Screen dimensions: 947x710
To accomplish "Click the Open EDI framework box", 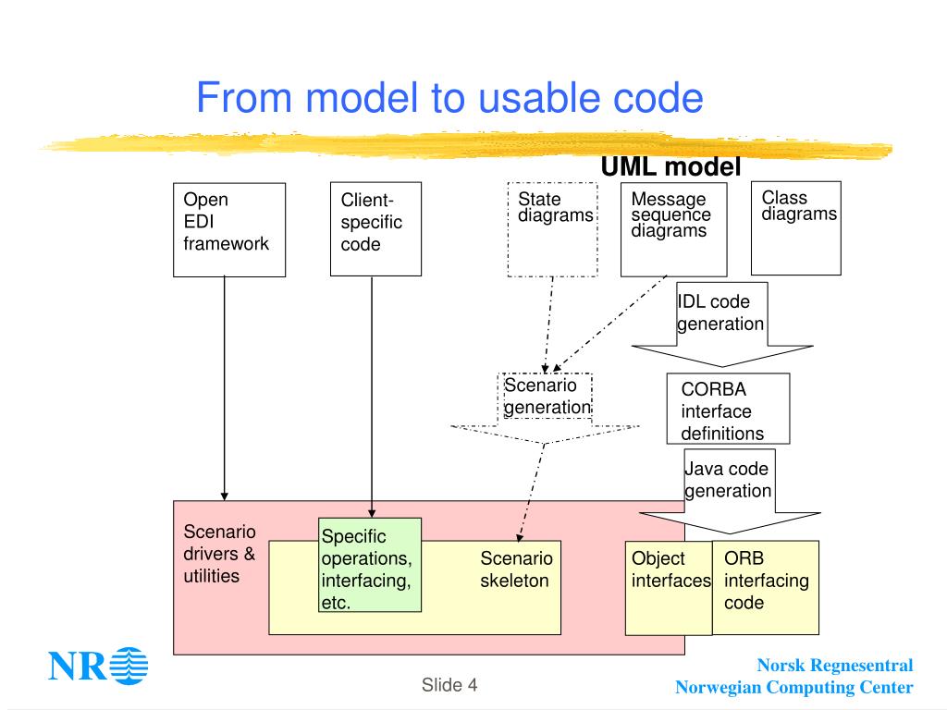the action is (x=229, y=230).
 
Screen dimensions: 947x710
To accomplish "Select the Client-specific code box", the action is (x=375, y=229).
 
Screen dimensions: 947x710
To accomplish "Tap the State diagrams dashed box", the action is (x=553, y=229).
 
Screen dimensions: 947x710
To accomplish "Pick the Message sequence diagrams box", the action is (x=674, y=229).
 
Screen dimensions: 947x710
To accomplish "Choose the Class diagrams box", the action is (x=796, y=228).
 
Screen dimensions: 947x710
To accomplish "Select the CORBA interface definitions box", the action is (x=729, y=409).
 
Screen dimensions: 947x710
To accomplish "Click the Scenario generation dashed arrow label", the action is (x=547, y=396).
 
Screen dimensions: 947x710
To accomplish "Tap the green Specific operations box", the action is (x=370, y=565).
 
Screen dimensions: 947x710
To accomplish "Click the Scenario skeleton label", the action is (x=516, y=569).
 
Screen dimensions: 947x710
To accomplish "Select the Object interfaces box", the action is (x=669, y=588).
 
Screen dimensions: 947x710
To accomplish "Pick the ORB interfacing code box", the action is (x=766, y=587).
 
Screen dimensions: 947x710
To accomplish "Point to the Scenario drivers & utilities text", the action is (x=219, y=554).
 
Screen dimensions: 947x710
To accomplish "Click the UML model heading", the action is (x=671, y=166).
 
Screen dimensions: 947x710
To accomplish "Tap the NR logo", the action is (x=98, y=666).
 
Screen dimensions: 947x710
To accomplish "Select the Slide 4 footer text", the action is (x=449, y=685).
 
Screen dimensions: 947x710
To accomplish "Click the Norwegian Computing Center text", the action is (x=794, y=687).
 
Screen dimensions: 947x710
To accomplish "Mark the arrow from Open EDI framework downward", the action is (x=224, y=389).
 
